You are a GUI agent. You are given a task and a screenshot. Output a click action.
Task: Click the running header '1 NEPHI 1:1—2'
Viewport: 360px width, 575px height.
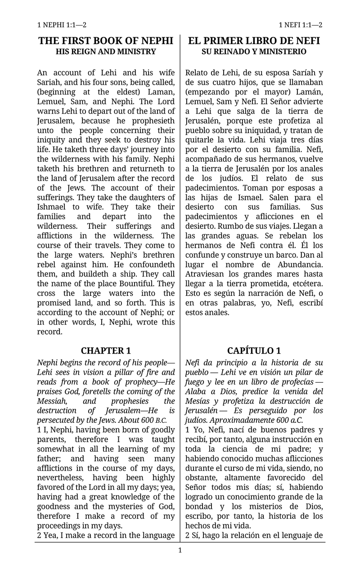62,25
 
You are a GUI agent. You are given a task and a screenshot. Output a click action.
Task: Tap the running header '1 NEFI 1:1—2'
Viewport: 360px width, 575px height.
300,25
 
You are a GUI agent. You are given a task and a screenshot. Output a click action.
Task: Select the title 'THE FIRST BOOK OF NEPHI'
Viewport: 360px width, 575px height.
106,41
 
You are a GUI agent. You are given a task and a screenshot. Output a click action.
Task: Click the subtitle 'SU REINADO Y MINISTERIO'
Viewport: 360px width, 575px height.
254,52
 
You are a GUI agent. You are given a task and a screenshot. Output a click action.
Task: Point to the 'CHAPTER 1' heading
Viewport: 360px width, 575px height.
106,351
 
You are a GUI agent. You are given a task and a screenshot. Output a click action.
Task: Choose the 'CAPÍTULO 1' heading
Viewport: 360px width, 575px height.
254,351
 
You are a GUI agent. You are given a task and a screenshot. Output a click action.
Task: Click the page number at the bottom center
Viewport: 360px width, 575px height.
180,550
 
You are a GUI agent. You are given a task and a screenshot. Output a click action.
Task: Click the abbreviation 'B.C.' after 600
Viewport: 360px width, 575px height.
161,420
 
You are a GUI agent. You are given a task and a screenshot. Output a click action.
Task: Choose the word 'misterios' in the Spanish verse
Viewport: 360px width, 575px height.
253,506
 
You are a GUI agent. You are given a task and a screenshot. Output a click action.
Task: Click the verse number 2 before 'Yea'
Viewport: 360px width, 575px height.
39,535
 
